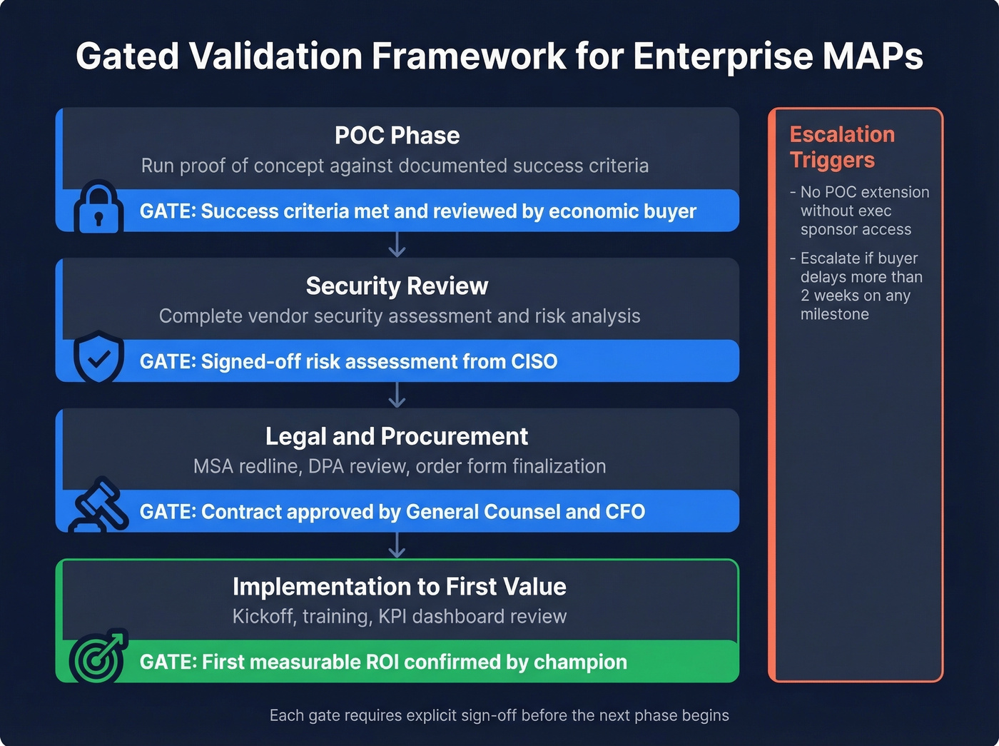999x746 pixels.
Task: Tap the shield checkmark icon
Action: (x=98, y=357)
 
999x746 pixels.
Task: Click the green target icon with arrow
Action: (x=98, y=656)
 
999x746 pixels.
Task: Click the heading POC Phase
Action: (x=397, y=136)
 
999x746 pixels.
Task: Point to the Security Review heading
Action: (x=397, y=286)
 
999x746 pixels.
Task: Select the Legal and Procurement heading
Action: (x=397, y=436)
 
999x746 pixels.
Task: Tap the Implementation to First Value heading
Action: (x=399, y=587)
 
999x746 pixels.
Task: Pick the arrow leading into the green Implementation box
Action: (x=397, y=545)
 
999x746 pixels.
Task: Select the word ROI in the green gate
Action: (x=382, y=662)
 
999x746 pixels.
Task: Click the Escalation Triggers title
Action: (x=841, y=147)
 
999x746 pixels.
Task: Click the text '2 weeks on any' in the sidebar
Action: (x=855, y=296)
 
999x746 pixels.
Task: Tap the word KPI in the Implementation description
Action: (x=392, y=617)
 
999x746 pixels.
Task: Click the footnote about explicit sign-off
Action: (x=499, y=715)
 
